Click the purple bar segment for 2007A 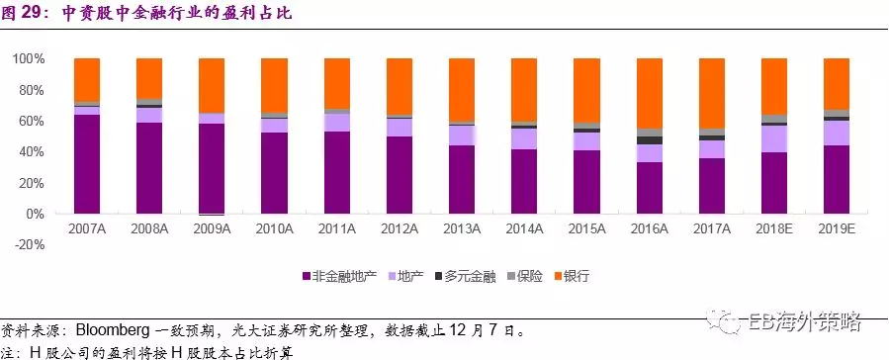pos(87,164)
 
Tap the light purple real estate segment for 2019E pos(837,133)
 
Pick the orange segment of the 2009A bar pos(212,85)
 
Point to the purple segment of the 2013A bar pos(462,179)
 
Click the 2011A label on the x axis pos(336,229)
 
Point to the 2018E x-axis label pos(774,229)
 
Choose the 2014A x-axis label pos(524,229)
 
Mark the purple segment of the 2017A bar pos(712,186)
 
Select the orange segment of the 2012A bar pos(399,87)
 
